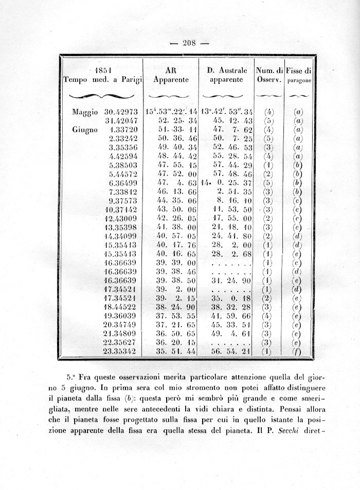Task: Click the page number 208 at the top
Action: (x=190, y=43)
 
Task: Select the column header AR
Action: (x=171, y=70)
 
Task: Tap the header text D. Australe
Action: (x=227, y=70)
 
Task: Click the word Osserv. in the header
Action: (x=269, y=80)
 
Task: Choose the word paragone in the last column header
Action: (x=299, y=81)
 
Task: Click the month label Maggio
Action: (x=85, y=112)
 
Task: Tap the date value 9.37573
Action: (x=123, y=201)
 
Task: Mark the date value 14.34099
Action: (x=121, y=237)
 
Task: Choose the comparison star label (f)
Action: (x=298, y=352)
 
